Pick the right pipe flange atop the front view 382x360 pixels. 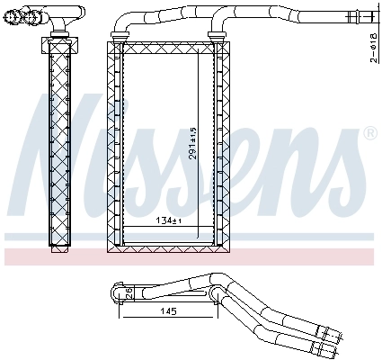[x=216, y=35]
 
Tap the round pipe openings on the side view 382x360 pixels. [x=32, y=14]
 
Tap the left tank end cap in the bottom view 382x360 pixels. [x=117, y=292]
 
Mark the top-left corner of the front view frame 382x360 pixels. [x=109, y=43]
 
